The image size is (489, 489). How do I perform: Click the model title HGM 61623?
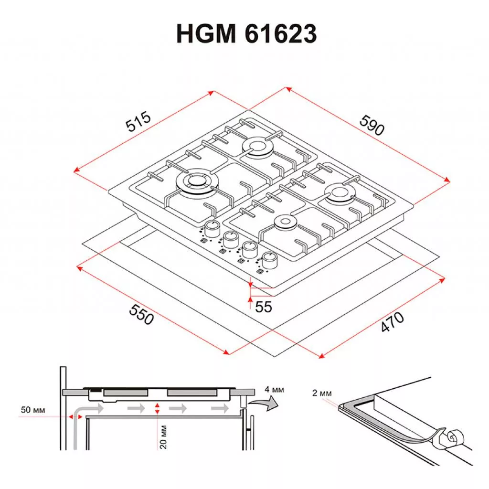[x=246, y=33]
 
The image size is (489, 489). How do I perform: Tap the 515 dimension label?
[x=138, y=121]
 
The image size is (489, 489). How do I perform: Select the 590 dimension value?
[x=372, y=125]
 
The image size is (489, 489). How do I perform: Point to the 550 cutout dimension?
[x=141, y=314]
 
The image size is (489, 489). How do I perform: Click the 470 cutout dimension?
[x=393, y=321]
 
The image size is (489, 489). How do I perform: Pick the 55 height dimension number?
[x=264, y=307]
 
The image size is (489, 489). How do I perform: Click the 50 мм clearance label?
[x=33, y=410]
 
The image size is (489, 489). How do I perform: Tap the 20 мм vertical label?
[x=163, y=436]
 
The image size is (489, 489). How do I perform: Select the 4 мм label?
[x=275, y=390]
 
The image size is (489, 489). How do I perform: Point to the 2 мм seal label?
[x=322, y=393]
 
